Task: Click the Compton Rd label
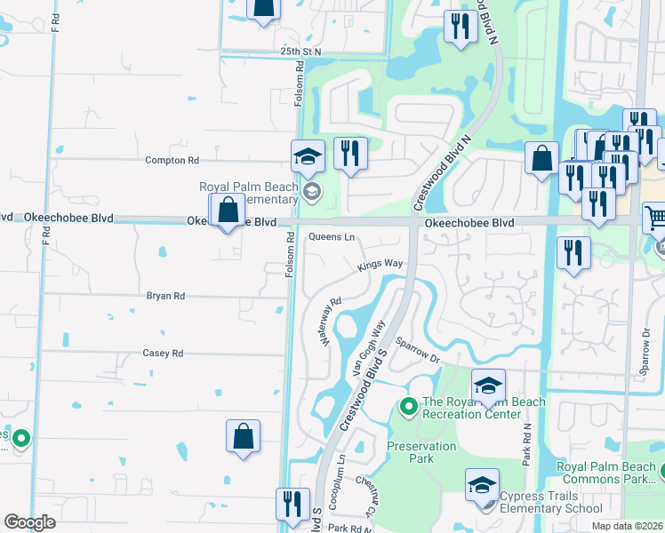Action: (172, 161)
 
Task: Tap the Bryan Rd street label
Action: (166, 296)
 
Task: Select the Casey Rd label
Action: (163, 353)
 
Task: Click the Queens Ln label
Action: (332, 237)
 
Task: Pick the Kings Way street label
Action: (381, 265)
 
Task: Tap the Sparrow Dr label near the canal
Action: (419, 348)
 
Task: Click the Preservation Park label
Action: (421, 452)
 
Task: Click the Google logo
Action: (29, 522)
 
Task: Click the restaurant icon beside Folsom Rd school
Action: (350, 153)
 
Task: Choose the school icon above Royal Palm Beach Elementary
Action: (308, 157)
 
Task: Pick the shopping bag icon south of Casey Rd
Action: (243, 436)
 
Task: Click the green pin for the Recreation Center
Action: (409, 407)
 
